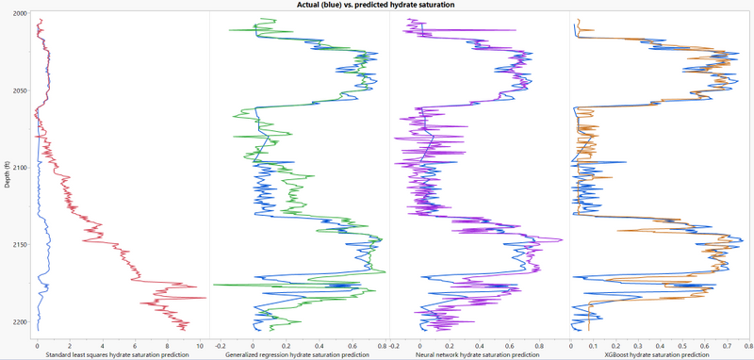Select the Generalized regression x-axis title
click(298, 353)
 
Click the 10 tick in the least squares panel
click(200, 343)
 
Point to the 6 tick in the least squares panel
click(135, 343)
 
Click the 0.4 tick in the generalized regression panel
click(318, 343)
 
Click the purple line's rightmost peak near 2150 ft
click(563, 240)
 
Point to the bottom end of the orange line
click(589, 330)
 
